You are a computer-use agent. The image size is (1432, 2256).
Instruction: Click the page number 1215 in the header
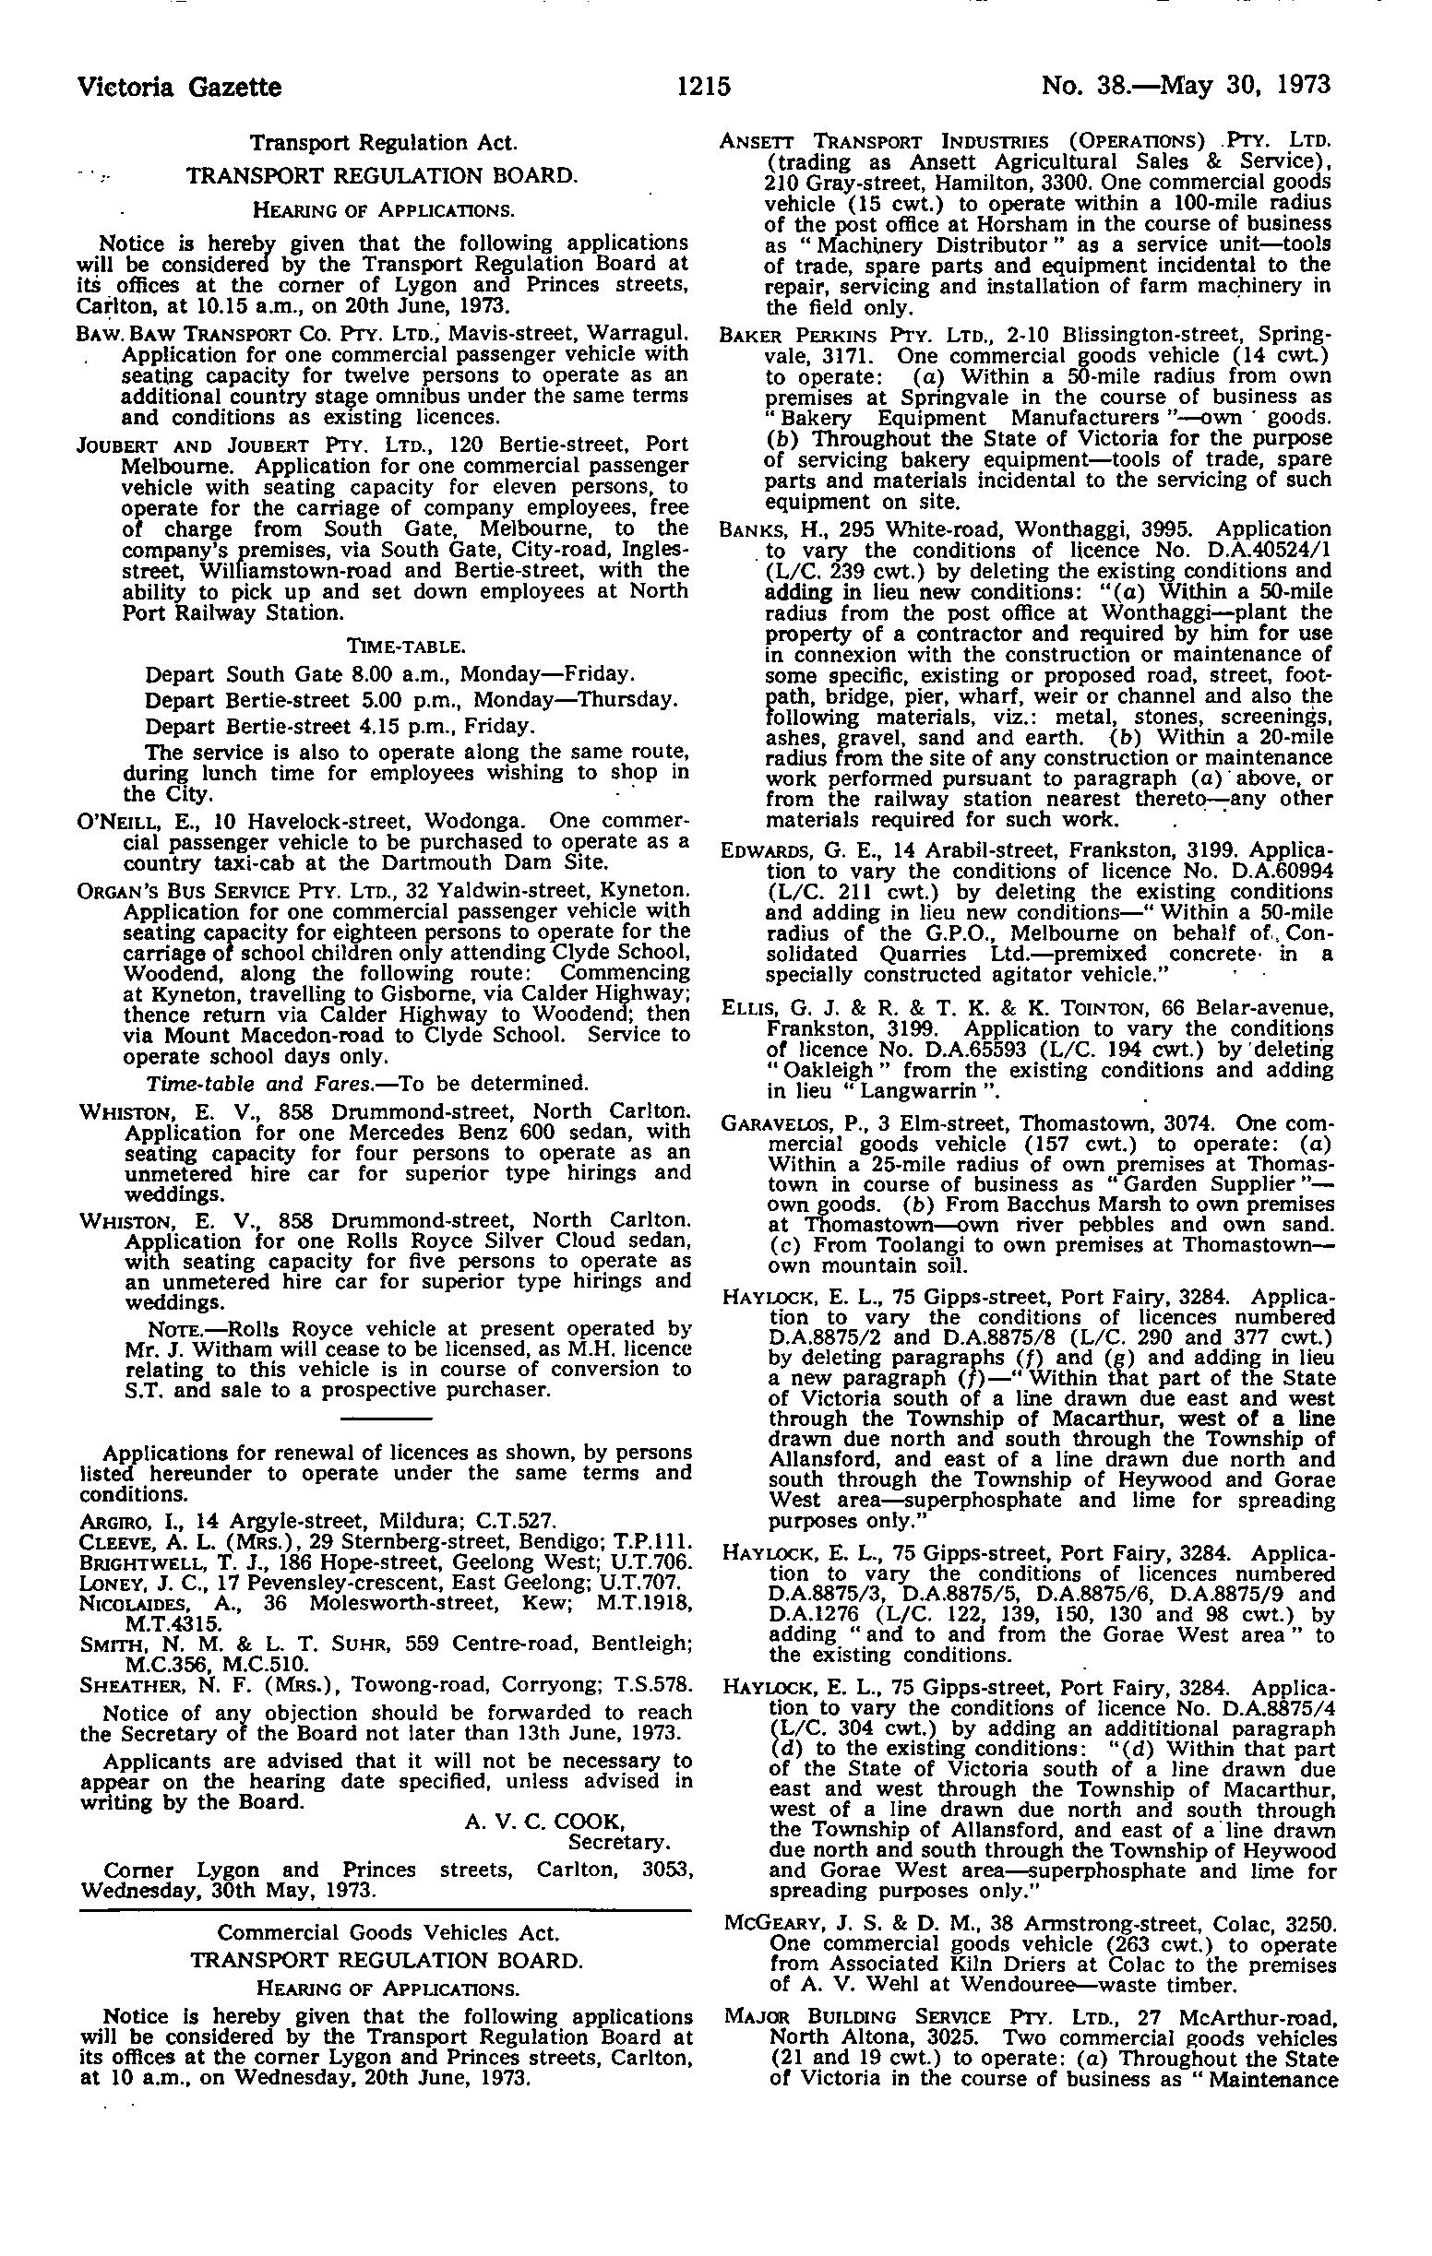704,86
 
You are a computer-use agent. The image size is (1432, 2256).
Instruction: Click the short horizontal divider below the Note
386,1419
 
